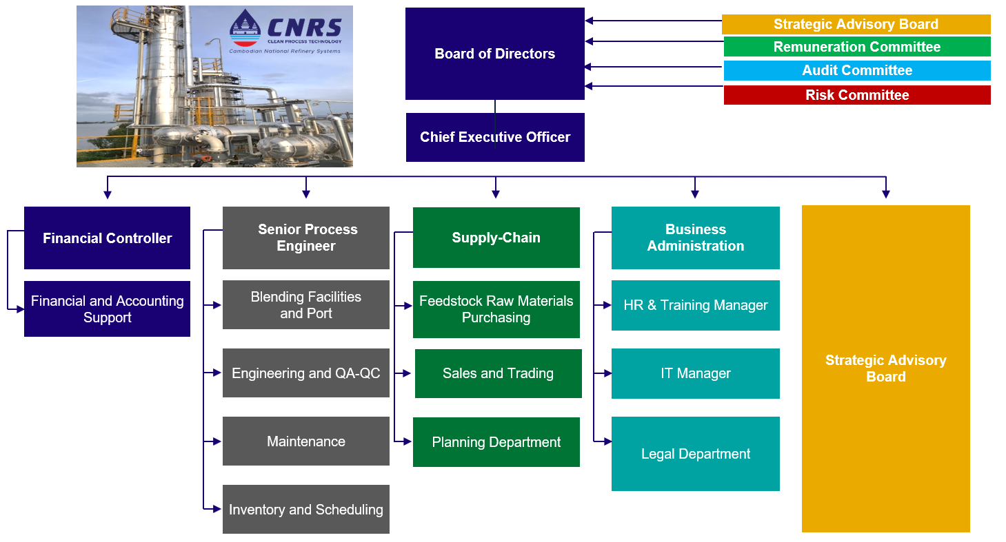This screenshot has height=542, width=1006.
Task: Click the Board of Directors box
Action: (494, 54)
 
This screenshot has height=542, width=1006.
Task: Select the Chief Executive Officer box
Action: (495, 137)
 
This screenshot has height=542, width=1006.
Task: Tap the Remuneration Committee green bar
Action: (856, 47)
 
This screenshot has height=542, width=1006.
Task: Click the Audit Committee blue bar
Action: (856, 70)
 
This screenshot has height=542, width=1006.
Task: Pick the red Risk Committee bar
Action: (856, 95)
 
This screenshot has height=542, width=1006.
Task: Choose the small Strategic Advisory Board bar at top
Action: (856, 24)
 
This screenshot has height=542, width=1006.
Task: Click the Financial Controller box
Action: (107, 238)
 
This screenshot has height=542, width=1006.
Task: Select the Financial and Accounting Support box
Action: (107, 309)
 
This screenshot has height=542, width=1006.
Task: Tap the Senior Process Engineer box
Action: (306, 238)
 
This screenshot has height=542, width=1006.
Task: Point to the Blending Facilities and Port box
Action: (306, 305)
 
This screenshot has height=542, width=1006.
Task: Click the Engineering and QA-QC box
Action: (306, 373)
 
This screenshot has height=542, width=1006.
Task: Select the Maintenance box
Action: (306, 441)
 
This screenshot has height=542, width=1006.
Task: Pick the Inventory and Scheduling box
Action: (306, 510)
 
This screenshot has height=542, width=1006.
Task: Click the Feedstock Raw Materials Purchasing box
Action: (496, 309)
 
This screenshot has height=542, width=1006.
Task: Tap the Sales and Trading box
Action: (498, 373)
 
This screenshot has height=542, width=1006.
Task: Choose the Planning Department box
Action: (496, 442)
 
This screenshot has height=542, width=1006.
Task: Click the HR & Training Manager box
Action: (695, 305)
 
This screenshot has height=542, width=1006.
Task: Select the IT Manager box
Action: (695, 373)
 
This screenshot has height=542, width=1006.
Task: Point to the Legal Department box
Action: (695, 454)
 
